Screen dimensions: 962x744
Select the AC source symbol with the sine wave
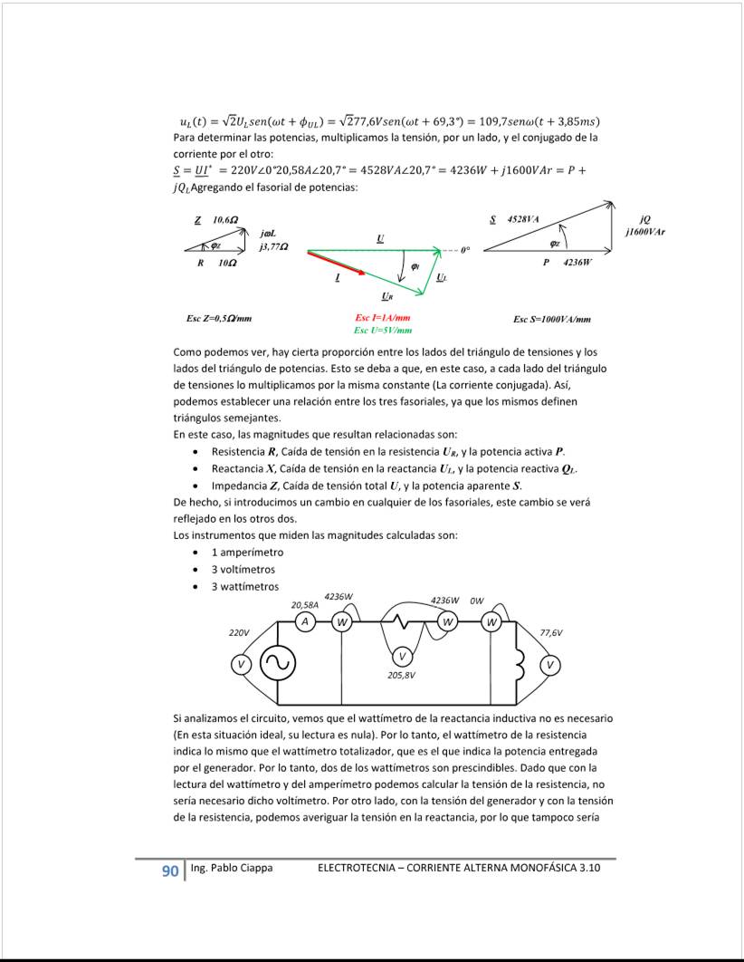click(276, 664)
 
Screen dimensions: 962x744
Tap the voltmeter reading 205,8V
click(403, 655)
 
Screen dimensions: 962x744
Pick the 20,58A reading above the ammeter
click(304, 604)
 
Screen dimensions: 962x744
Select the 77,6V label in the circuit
click(551, 633)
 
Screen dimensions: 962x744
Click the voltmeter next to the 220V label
click(241, 664)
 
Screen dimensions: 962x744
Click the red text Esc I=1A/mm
click(383, 318)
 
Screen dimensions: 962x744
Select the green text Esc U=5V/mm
click(384, 331)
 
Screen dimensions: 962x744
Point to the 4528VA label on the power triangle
click(523, 219)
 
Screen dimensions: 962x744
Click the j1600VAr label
click(644, 232)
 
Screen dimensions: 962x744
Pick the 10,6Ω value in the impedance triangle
click(225, 220)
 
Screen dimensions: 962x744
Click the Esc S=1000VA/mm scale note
click(552, 319)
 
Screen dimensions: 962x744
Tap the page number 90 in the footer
click(169, 871)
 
